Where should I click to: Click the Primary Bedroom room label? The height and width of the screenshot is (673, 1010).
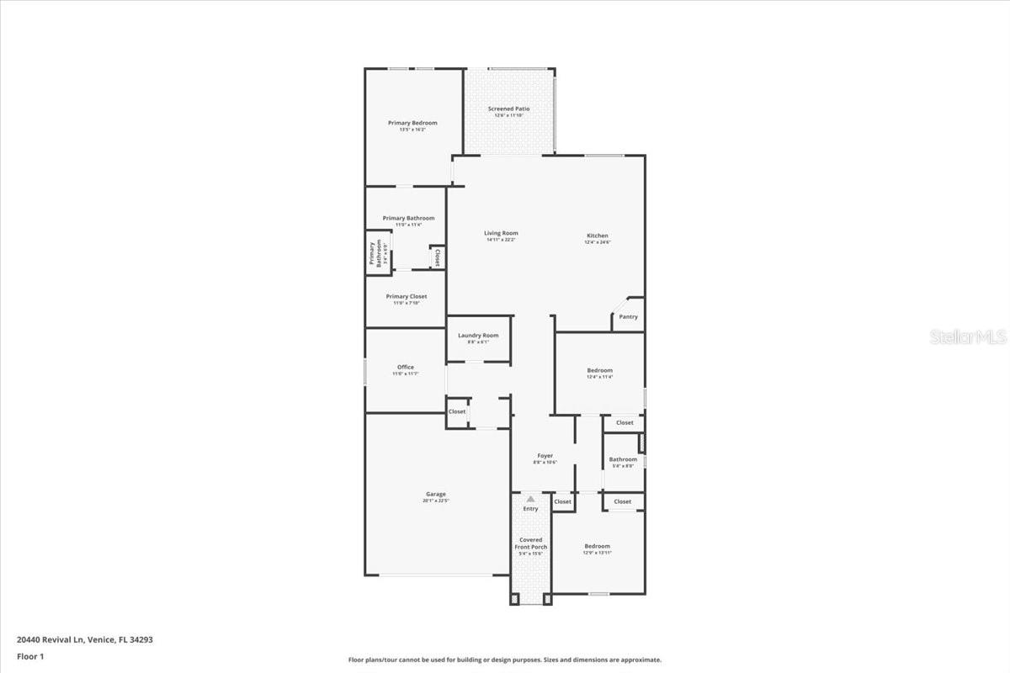[x=412, y=123]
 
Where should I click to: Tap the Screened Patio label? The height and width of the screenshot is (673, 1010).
[x=509, y=109]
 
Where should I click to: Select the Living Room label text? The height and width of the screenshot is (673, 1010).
[x=501, y=233]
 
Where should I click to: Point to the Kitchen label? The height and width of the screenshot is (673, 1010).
[x=598, y=236]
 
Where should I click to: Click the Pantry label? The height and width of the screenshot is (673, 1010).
[x=628, y=317]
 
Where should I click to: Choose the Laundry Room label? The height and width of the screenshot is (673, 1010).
[x=478, y=336]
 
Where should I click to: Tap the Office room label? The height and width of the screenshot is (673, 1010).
[x=406, y=367]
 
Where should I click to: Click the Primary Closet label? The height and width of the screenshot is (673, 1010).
[x=407, y=296]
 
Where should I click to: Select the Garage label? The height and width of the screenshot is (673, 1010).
[x=436, y=494]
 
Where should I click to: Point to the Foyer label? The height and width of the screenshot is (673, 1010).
[x=545, y=456]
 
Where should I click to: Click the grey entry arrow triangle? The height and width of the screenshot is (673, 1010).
[x=530, y=499]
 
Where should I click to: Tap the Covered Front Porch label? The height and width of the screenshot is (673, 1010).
[x=531, y=543]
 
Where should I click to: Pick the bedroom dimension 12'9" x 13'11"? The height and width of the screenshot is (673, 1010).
[x=597, y=553]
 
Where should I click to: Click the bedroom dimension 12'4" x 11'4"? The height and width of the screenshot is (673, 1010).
[x=599, y=377]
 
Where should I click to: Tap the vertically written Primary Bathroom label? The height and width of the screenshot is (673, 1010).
[x=375, y=254]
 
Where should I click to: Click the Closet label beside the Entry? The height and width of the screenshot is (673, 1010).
[x=562, y=501]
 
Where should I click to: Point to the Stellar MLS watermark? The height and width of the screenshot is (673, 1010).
[x=968, y=337]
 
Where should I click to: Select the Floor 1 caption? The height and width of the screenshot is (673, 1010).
[x=29, y=655]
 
